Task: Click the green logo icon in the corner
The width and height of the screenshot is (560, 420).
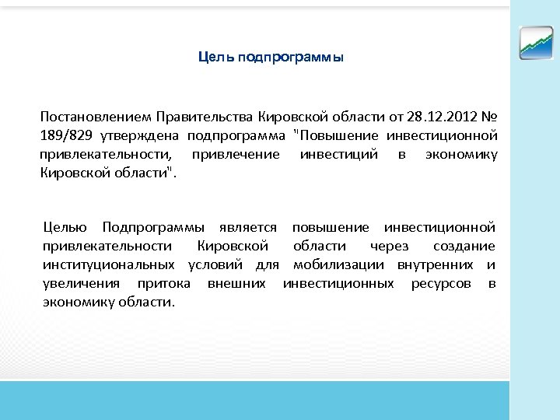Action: pos(536,43)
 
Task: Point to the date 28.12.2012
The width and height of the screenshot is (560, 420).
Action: pos(438,117)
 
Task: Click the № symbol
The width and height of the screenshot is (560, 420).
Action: pos(488,117)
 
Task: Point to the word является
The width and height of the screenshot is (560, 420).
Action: pos(249,227)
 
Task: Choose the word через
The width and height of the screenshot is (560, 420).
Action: pos(389,246)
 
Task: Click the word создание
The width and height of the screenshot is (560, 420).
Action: pos(465,246)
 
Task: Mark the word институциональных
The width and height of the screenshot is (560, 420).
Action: pos(101,264)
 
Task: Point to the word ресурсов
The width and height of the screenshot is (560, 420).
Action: pos(440,283)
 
